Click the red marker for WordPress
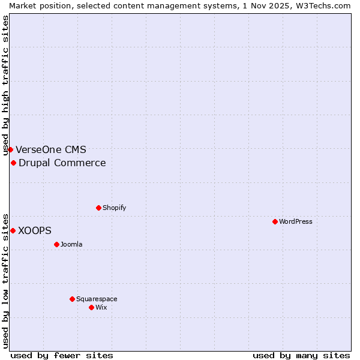pos(275,221)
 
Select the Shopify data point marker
pos(98,208)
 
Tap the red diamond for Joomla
pos(56,244)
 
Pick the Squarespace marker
pos(72,299)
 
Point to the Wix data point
pos(91,307)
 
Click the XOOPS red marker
pos(13,230)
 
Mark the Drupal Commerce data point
pos(13,163)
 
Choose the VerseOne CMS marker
pos(10,149)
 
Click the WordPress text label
pos(296,221)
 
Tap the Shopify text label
pos(114,208)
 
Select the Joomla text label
pos(71,244)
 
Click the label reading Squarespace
pos(97,299)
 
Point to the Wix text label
pos(101,307)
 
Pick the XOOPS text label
pos(35,230)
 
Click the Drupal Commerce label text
pos(62,163)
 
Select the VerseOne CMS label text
pos(51,149)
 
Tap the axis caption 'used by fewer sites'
pos(62,355)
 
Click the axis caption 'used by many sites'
pos(301,355)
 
